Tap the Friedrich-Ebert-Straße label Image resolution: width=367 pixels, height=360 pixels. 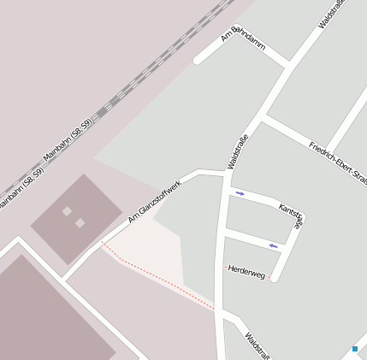click(337, 157)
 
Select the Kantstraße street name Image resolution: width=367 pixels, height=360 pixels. click(292, 215)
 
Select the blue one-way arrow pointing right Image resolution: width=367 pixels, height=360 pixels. click(240, 193)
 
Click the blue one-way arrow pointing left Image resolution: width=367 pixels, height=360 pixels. click(274, 246)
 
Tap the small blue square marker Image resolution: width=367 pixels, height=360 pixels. click(355, 349)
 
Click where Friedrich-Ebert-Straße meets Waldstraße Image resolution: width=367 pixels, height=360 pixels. click(263, 119)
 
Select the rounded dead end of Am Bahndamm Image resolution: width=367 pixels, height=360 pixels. click(198, 59)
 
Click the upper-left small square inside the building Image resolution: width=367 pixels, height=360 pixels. click(67, 210)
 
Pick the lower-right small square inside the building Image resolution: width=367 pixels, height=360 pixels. click(80, 223)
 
